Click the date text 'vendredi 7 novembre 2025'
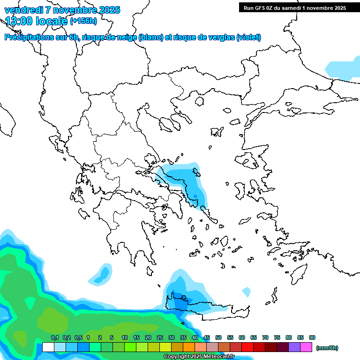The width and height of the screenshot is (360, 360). tap(62, 10)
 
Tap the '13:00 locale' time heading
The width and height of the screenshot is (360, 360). tap(37, 21)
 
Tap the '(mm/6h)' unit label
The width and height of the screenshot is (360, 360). tap(327, 348)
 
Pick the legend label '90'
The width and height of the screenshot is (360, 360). tap(312, 338)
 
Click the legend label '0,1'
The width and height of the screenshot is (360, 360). tap(54, 338)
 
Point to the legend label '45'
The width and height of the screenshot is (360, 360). tap(207, 338)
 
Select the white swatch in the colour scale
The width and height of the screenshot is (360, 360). tap(48, 347)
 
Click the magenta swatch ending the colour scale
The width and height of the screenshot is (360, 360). tap(306, 347)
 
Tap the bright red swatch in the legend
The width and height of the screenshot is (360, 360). tap(247, 347)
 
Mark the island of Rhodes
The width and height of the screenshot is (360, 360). tap(298, 271)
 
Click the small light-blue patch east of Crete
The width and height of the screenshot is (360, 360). tap(246, 292)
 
